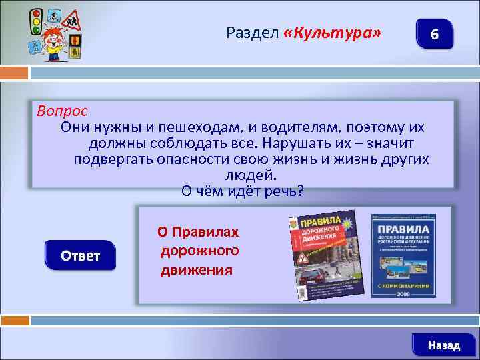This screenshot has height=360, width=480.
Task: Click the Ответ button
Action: [x=80, y=256]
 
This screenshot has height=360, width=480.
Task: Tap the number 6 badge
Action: [x=434, y=34]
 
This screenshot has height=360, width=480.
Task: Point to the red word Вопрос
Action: [x=62, y=110]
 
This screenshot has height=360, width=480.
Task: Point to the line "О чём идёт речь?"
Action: [x=243, y=191]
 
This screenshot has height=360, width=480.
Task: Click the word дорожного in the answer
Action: [x=199, y=251]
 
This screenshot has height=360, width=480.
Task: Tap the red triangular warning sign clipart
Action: [x=69, y=21]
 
